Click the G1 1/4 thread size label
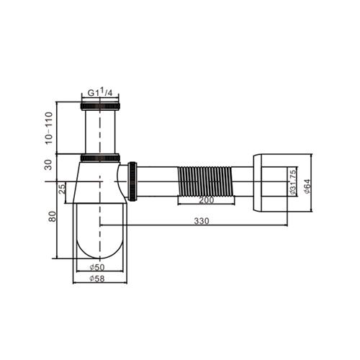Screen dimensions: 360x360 [x=100, y=92]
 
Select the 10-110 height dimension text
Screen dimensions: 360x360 [x=49, y=127]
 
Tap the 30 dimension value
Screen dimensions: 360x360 [x=48, y=165]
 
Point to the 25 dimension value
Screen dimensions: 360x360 [x=62, y=189]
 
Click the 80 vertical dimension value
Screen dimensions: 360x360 [x=53, y=217]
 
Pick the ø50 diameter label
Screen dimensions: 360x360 [x=97, y=267]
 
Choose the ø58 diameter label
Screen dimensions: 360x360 [x=97, y=279]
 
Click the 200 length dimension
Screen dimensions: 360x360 [x=206, y=200]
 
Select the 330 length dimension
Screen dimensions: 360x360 [x=202, y=221]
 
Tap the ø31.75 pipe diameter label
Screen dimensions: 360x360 [x=292, y=182]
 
